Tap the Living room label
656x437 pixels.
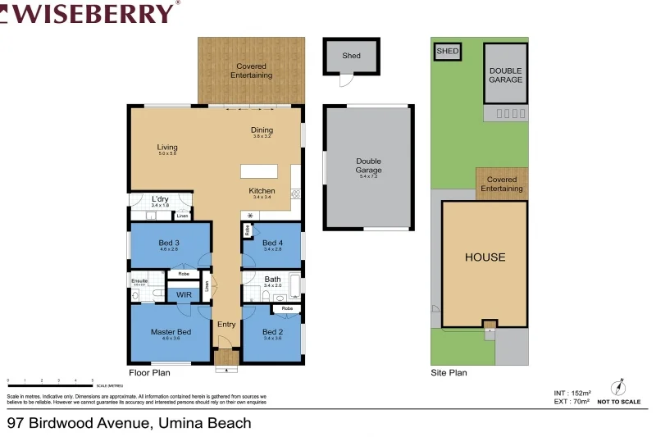click(x=167, y=148)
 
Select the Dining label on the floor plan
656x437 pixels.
click(x=262, y=130)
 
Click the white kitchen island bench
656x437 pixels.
click(x=259, y=171)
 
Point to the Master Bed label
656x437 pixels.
click(x=171, y=332)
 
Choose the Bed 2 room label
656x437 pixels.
click(x=272, y=332)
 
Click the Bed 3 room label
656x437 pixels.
click(x=169, y=243)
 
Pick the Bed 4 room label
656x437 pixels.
click(x=272, y=243)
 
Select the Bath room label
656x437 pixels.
click(x=272, y=280)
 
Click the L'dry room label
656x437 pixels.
click(x=160, y=198)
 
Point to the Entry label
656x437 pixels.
click(x=226, y=325)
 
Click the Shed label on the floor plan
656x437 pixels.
click(x=351, y=56)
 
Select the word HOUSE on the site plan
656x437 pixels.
click(x=485, y=257)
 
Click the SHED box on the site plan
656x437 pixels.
click(x=448, y=51)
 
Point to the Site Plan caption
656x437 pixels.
click(x=449, y=372)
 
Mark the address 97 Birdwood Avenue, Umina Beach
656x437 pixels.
click(x=129, y=423)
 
